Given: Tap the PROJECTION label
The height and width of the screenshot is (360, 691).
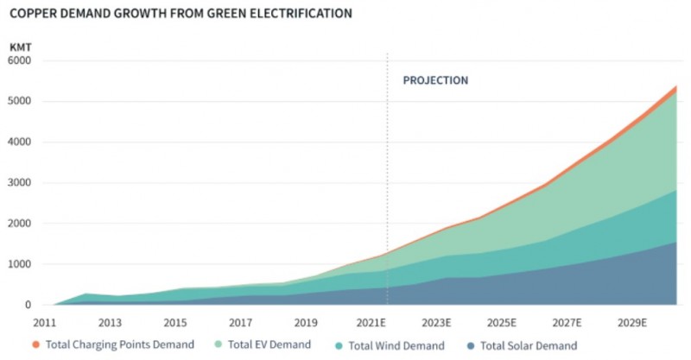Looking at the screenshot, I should point(435,80).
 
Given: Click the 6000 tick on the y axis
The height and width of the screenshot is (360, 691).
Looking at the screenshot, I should point(19,61).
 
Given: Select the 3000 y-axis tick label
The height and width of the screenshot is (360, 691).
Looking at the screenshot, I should point(19,183).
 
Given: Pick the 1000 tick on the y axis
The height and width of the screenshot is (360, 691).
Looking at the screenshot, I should point(19,264).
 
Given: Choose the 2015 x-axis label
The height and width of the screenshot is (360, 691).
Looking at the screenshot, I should point(174,323).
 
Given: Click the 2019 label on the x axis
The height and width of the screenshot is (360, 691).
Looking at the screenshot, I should point(306,323).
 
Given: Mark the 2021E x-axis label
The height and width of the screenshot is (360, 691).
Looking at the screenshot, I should point(371,323).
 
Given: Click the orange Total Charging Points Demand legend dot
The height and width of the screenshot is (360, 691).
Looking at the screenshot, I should point(35,346).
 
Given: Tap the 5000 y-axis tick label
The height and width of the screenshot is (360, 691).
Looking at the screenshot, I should point(19,102).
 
